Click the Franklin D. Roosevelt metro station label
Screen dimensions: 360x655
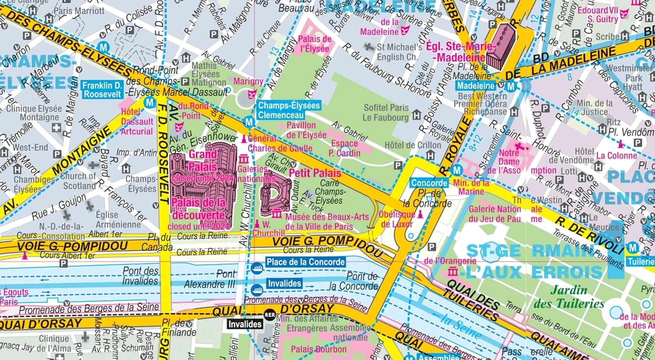(103, 89)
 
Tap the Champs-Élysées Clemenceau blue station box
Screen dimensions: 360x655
(289, 110)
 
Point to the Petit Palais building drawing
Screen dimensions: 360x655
(275, 194)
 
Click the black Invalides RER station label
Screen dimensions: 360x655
(245, 324)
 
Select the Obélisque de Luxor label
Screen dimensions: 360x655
(396, 219)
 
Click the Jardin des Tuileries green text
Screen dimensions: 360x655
(569, 297)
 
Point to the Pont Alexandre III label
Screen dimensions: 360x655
(210, 279)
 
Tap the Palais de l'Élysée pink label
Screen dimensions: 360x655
(314, 44)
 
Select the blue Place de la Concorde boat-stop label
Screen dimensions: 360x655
(305, 262)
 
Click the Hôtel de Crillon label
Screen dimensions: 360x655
(413, 145)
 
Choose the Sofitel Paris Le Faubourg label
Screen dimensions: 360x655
(386, 112)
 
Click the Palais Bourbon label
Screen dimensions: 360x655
(318, 350)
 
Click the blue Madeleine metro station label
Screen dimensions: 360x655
(476, 86)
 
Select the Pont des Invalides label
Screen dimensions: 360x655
(140, 276)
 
